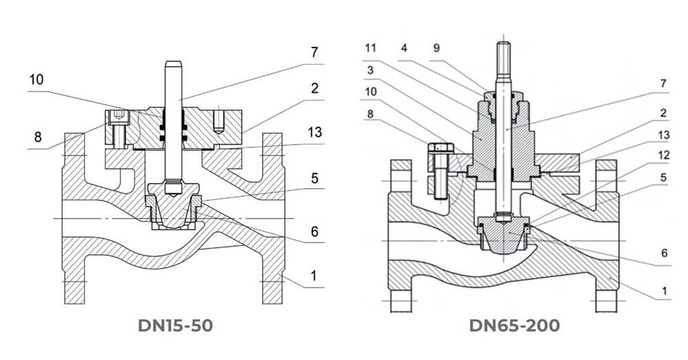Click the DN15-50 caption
tap(175, 326)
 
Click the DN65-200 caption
tap(514, 326)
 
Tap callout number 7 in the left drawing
tap(314, 52)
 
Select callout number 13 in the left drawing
tap(314, 131)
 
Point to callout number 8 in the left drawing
tap(38, 137)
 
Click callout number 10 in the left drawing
tap(36, 80)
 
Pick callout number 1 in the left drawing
tap(313, 276)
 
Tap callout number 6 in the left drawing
tap(314, 231)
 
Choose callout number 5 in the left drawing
tap(314, 178)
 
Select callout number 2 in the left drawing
tap(314, 88)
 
